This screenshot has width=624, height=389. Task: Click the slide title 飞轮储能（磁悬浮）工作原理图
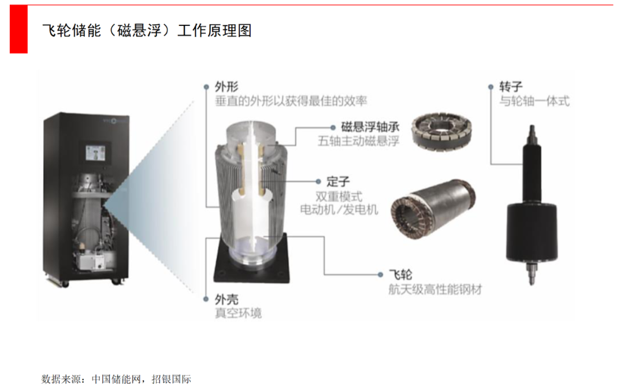pyautogui.click(x=147, y=31)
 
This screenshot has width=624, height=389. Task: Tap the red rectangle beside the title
pyautogui.click(x=18, y=29)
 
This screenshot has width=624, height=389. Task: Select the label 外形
pyautogui.click(x=227, y=86)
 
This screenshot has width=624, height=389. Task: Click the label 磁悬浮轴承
pyautogui.click(x=370, y=127)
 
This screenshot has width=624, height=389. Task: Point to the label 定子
pyautogui.click(x=338, y=181)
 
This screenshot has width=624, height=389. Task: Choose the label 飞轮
pyautogui.click(x=400, y=275)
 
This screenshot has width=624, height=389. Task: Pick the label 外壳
pyautogui.click(x=227, y=299)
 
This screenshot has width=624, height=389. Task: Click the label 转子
pyautogui.click(x=511, y=86)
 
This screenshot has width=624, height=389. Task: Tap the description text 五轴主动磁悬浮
pyautogui.click(x=358, y=141)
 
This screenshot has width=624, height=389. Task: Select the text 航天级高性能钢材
pyautogui.click(x=435, y=289)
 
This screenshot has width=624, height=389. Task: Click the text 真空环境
pyautogui.click(x=239, y=313)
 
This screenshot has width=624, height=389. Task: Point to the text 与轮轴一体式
pyautogui.click(x=534, y=101)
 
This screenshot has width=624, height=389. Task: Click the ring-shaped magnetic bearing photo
pyautogui.click(x=441, y=131)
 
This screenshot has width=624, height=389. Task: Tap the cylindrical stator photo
pyautogui.click(x=433, y=209)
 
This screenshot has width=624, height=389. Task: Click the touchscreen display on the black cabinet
pyautogui.click(x=95, y=153)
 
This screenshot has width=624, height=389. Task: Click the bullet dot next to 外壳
pyautogui.click(x=206, y=299)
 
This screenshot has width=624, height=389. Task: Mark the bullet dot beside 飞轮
pyautogui.click(x=380, y=275)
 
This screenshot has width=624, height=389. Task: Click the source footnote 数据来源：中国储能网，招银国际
pyautogui.click(x=116, y=379)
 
